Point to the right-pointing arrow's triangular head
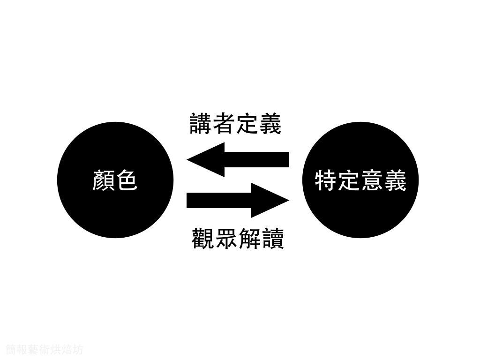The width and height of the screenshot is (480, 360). point(270,200)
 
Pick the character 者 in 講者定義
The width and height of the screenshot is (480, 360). point(224,124)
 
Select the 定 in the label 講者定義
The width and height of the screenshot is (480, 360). point(247,124)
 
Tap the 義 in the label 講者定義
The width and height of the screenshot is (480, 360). point(270,124)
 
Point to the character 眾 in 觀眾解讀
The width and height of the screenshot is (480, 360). point(226,238)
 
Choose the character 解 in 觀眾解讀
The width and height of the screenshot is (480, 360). point(249,238)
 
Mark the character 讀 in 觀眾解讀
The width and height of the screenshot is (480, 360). point(272,238)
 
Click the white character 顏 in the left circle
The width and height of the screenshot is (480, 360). point(104,180)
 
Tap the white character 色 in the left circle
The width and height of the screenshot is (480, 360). point(127,180)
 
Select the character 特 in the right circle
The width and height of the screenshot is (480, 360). point(326,180)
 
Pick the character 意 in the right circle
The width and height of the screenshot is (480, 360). point(372,180)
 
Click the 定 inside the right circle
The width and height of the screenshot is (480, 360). point(349,180)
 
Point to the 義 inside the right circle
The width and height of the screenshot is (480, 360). point(395,180)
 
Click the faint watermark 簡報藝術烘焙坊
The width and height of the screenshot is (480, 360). point(45,349)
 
